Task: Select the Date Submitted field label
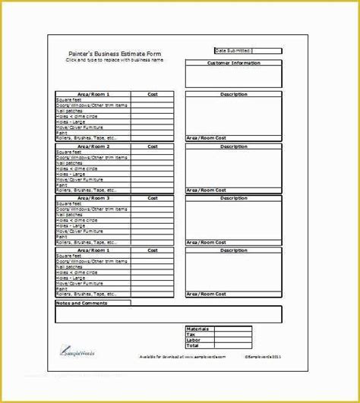235,51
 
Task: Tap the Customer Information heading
234,63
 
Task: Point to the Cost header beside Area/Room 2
153,146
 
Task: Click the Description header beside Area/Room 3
234,197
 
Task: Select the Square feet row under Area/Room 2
69,152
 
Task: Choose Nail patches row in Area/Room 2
69,162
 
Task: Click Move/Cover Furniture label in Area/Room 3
77,229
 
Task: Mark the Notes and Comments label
82,303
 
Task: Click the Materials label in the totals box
198,329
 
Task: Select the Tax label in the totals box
192,334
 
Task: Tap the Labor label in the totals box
194,339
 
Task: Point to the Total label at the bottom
194,345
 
